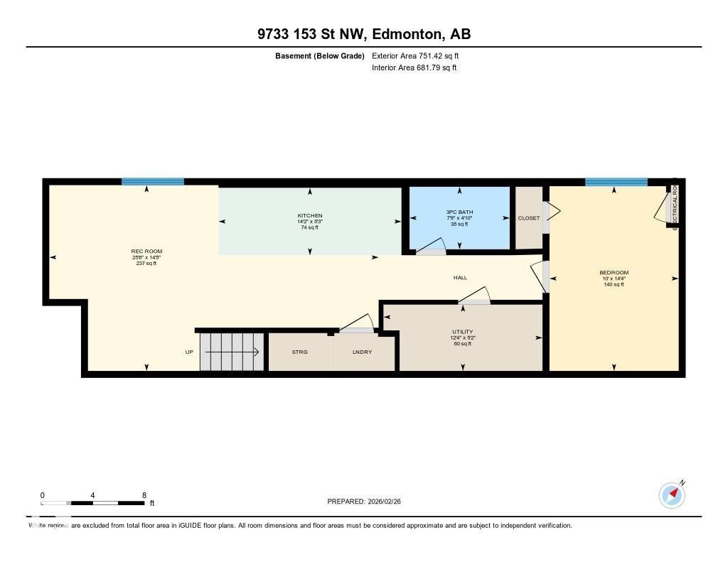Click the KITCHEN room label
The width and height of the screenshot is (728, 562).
coord(310,216)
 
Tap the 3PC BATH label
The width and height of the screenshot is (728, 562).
coord(459,212)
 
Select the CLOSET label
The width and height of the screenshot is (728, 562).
coord(529,218)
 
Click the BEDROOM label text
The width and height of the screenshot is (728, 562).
coord(614,273)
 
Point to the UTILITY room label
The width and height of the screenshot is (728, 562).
coord(462,332)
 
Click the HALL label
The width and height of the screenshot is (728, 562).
coord(460,278)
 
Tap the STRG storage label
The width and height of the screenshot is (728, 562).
coord(299,352)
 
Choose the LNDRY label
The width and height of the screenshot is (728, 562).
coord(363,352)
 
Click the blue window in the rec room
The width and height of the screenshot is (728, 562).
coord(152,182)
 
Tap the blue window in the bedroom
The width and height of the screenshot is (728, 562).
coord(616,183)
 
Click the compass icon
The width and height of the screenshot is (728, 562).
coord(672,495)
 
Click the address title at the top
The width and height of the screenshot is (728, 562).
coord(363,34)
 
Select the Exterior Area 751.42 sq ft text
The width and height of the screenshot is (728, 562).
coord(419,55)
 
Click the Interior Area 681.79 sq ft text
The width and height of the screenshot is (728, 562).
coord(414,68)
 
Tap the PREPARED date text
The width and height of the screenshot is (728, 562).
coord(368,502)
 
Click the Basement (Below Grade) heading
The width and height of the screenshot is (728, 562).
coord(319,55)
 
